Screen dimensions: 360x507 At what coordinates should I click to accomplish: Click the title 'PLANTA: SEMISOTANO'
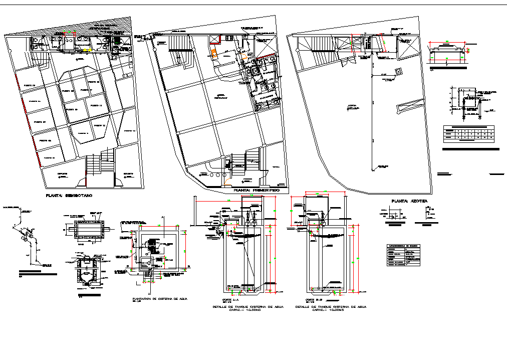pyautogui.click(x=69, y=195)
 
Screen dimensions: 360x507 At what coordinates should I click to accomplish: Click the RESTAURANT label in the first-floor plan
pyautogui.click(x=220, y=97)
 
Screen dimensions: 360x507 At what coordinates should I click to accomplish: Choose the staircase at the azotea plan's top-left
pyautogui.click(x=314, y=51)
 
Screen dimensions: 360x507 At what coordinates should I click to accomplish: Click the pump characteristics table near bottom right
pyautogui.click(x=403, y=253)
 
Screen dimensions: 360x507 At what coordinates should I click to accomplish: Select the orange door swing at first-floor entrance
pyautogui.click(x=228, y=182)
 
